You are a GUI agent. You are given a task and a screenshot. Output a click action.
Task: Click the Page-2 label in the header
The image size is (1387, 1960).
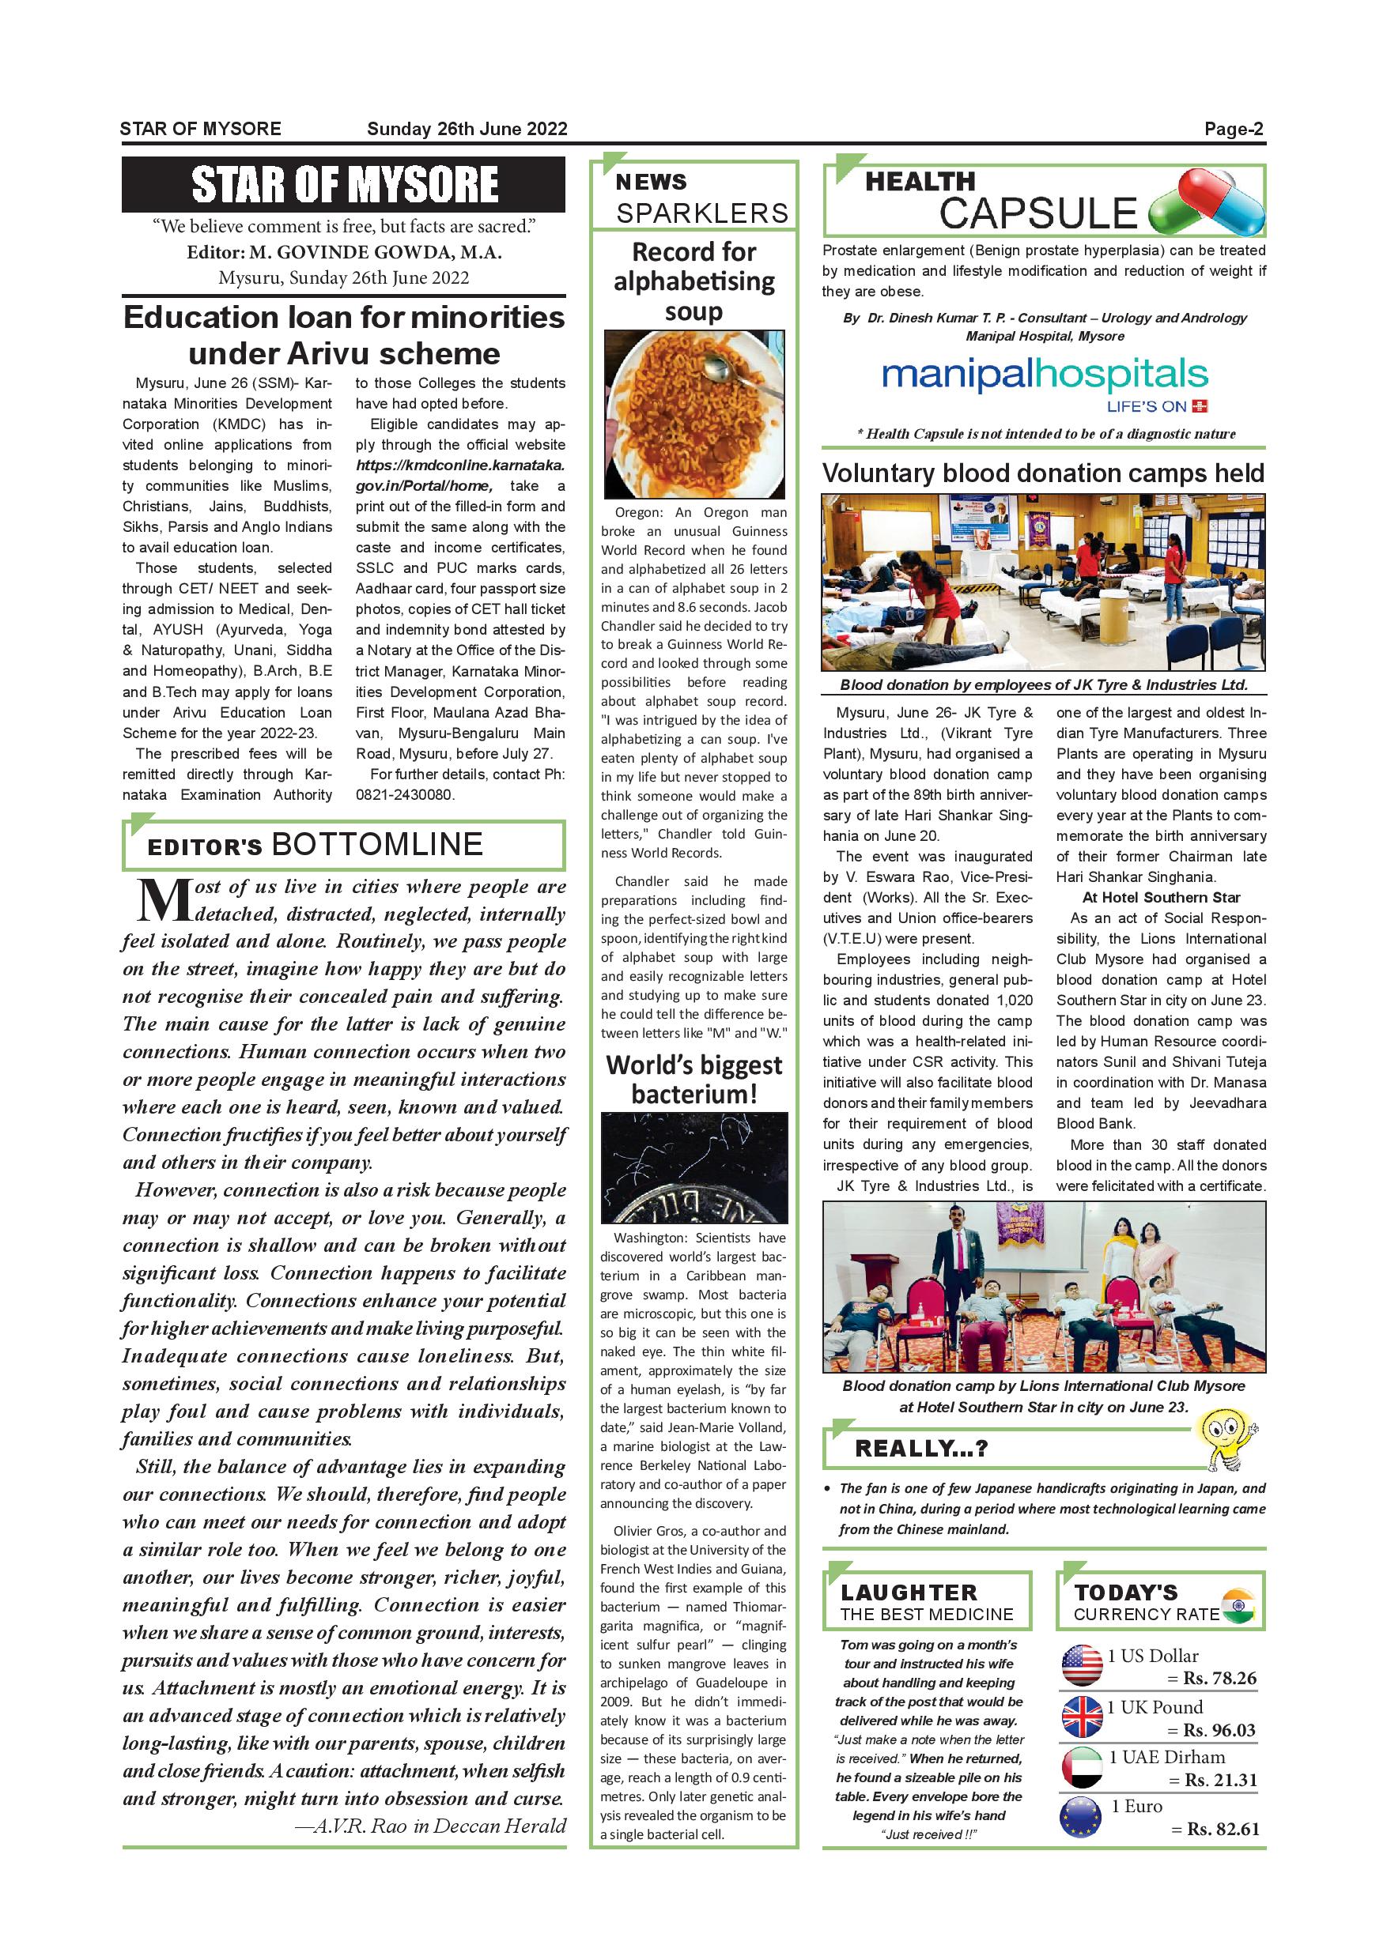click(x=1234, y=130)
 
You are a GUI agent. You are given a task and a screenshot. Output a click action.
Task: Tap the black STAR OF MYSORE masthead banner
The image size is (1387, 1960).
click(x=343, y=184)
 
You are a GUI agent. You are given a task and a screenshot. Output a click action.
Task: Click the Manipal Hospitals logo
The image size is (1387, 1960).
click(x=1044, y=382)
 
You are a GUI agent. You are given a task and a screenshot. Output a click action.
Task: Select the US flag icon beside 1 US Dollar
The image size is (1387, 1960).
click(x=1081, y=1665)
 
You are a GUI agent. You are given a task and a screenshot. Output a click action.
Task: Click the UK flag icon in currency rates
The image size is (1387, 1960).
click(x=1081, y=1717)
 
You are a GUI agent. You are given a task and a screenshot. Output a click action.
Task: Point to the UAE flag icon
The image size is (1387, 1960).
click(x=1081, y=1767)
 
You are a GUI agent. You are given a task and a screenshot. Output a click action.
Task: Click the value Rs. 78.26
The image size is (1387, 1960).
click(x=1219, y=1679)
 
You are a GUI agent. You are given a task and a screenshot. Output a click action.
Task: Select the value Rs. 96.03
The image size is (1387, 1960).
click(x=1219, y=1730)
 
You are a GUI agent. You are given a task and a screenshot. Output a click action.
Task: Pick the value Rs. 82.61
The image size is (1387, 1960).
click(x=1221, y=1830)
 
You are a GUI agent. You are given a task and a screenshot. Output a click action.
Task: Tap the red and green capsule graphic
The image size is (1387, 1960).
click(x=1205, y=203)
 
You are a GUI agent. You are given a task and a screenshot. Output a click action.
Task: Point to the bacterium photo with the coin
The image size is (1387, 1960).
click(x=693, y=1168)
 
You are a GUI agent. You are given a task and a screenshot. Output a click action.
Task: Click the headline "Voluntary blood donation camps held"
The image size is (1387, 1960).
click(x=1043, y=473)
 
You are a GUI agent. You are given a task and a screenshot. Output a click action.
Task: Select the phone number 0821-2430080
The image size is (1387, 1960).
click(x=405, y=795)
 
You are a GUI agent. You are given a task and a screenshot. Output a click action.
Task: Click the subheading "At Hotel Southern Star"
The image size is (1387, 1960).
click(x=1161, y=897)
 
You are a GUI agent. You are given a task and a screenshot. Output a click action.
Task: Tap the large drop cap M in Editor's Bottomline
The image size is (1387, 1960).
click(x=162, y=902)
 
